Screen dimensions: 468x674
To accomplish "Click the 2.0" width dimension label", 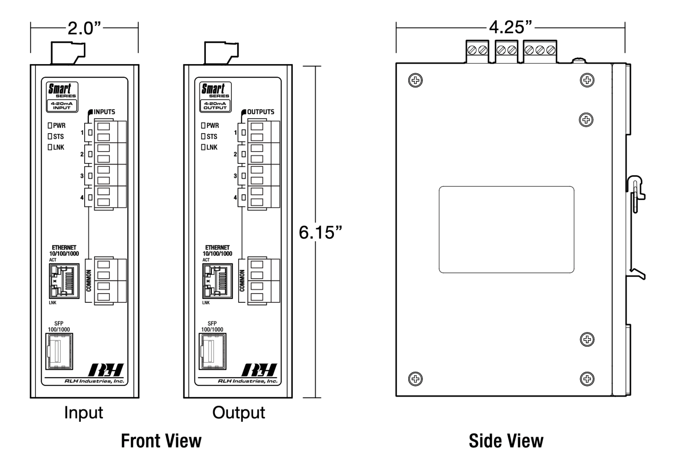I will click(84, 28).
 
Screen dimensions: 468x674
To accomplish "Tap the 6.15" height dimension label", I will click(320, 232).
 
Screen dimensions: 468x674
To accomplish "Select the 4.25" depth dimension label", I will click(510, 27).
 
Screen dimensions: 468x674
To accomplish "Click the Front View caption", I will click(161, 441).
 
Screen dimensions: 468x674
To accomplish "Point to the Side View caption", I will click(506, 441).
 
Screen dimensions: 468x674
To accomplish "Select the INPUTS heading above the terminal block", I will click(104, 112).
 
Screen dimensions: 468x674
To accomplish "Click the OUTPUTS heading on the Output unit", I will click(261, 112).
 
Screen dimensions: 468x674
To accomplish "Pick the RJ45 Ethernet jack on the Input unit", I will click(64, 281).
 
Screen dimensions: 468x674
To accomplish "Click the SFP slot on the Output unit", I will click(212, 351).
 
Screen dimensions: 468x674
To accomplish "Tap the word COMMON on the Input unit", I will click(89, 281).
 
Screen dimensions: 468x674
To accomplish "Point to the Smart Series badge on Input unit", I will click(62, 97).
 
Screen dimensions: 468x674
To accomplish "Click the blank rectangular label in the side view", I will click(506, 229).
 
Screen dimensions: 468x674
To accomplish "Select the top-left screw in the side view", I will click(415, 81).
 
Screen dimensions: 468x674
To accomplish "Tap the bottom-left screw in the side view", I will click(415, 379).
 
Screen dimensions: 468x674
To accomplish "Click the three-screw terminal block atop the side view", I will click(540, 51).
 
